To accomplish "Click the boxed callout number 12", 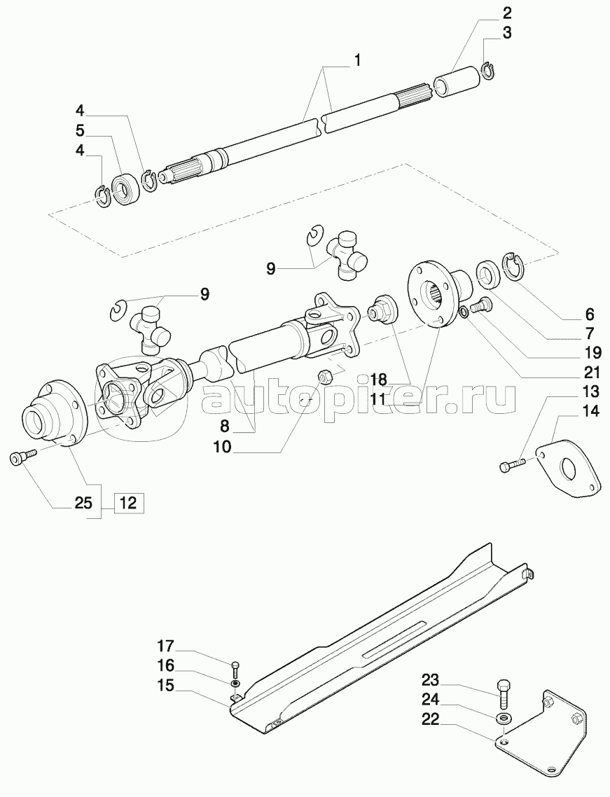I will [129, 503].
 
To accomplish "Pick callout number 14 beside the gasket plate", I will [591, 411].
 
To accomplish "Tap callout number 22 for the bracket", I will [431, 719].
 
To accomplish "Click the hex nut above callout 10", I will [324, 376].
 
